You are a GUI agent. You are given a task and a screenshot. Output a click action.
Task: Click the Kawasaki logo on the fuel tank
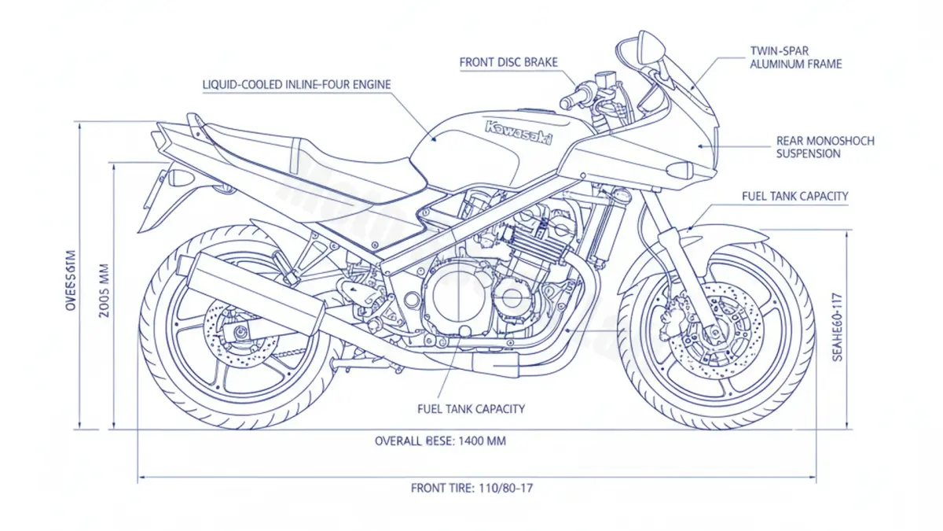[x=519, y=133]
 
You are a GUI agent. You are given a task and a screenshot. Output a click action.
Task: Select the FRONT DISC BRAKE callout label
[x=508, y=61]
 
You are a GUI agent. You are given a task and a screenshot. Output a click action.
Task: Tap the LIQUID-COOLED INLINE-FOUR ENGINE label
[x=296, y=84]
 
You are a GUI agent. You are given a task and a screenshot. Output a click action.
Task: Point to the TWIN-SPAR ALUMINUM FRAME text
[x=794, y=57]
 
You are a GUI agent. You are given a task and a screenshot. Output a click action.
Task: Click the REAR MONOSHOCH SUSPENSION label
[x=824, y=147]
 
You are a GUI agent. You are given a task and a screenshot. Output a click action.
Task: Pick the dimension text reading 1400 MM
[x=440, y=441]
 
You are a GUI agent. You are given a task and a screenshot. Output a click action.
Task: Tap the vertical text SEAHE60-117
[x=838, y=326]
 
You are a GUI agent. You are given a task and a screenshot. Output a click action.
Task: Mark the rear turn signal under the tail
[x=180, y=178]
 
